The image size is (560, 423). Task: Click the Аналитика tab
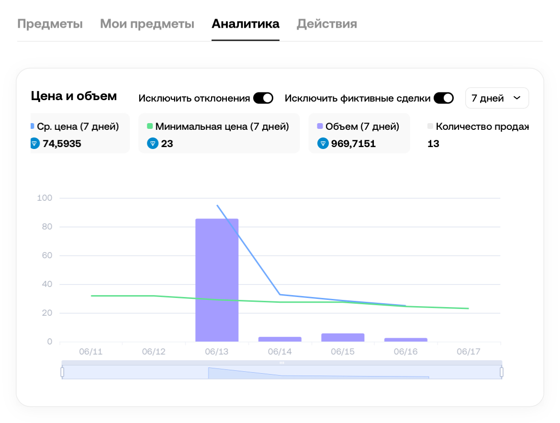[246, 24]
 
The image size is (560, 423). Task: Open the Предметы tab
[50, 24]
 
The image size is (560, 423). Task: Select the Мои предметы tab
[147, 24]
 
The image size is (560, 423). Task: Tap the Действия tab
[327, 24]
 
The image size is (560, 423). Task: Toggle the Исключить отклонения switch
[263, 98]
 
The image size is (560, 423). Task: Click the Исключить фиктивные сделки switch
[444, 98]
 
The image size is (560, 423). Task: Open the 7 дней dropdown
[496, 98]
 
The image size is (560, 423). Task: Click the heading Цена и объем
[74, 96]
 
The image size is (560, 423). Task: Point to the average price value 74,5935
[62, 143]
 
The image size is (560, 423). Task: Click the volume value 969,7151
[353, 143]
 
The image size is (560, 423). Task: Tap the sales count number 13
[433, 143]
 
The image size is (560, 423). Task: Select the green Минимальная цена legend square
[149, 126]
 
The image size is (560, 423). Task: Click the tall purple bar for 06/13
[217, 280]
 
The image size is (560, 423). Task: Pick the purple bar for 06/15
[343, 337]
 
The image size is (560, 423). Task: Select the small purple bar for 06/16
[406, 340]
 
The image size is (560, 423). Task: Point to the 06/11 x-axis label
[91, 352]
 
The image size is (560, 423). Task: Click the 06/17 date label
[469, 352]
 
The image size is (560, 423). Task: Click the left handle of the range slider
[62, 372]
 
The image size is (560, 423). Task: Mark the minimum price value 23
[167, 143]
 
